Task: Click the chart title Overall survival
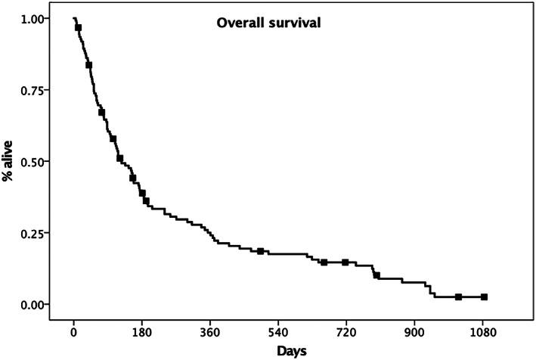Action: pos(269,23)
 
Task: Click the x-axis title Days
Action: pos(290,351)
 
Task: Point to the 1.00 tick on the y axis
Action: pos(33,18)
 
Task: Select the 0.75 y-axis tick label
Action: pos(33,90)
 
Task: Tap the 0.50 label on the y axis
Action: pos(33,161)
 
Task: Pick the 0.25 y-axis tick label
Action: pos(33,233)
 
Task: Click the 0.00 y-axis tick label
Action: pos(33,304)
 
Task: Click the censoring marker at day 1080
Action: pos(484,297)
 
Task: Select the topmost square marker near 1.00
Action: pos(78,27)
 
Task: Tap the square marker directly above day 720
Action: pos(345,262)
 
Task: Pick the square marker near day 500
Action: pos(260,251)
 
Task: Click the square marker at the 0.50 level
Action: pos(119,158)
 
